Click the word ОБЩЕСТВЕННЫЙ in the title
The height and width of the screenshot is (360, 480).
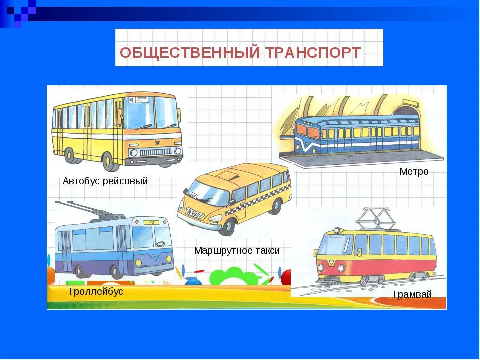190,52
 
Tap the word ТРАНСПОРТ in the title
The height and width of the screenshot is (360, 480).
312,52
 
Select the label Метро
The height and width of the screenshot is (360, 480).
414,171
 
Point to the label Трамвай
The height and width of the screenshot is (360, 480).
412,294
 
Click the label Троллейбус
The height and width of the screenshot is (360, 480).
95,291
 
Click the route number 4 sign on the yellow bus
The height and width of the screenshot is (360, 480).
132,100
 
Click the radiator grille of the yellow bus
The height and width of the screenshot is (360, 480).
156,152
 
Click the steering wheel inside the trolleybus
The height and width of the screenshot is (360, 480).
160,243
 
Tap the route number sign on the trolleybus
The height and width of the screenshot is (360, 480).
151,222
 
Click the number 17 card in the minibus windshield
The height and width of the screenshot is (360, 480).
195,195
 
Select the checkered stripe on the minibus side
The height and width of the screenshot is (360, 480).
258,200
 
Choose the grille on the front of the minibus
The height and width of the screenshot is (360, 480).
195,213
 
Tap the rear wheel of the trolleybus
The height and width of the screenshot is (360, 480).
79,271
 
